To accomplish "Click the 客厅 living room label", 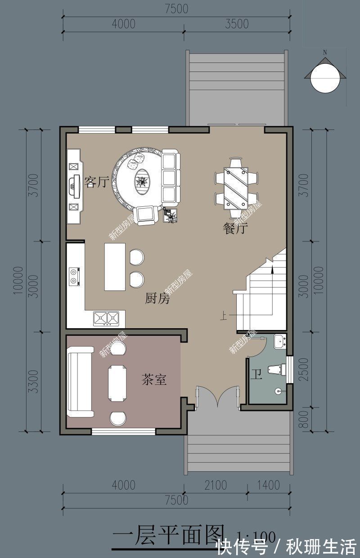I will [97, 183].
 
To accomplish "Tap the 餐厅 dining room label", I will [235, 229].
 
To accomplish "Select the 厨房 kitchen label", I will [157, 299].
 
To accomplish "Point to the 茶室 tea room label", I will [154, 380].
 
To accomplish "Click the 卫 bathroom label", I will [256, 375].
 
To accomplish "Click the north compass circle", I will [325, 77].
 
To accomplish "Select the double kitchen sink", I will [106, 318].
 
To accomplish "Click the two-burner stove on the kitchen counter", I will [74, 277].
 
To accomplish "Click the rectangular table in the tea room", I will [117, 383].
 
